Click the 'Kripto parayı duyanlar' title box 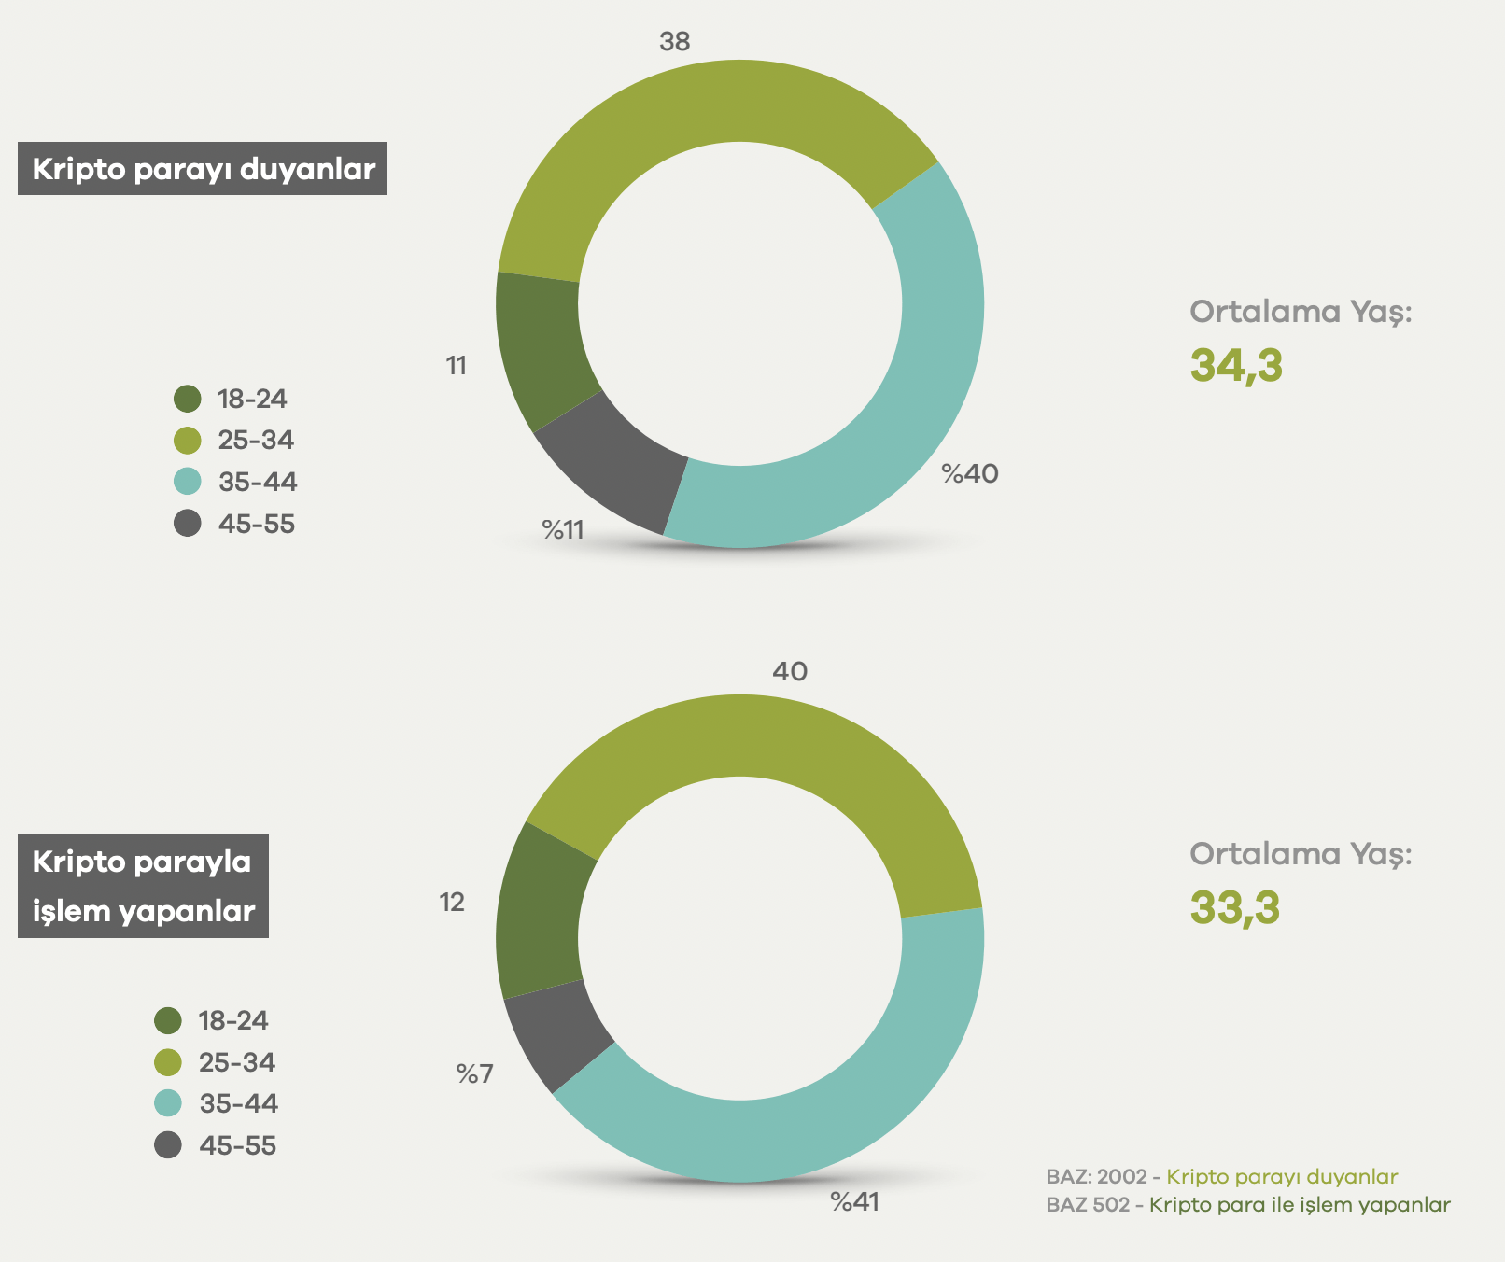coord(202,169)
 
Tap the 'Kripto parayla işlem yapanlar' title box coord(143,886)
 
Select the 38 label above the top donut coord(674,42)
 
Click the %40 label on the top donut coord(970,474)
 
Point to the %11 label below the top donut coord(563,530)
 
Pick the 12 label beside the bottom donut coord(452,903)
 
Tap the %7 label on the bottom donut coord(474,1074)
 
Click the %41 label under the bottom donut coord(855,1202)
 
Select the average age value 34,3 coord(1236,365)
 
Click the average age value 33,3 coord(1234,907)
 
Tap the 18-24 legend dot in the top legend coord(188,399)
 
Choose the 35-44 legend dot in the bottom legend coord(168,1103)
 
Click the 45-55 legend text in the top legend coord(257,524)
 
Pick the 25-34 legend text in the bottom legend coord(237,1062)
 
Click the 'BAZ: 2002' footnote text coord(1096,1177)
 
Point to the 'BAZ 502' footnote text coord(1088,1205)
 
